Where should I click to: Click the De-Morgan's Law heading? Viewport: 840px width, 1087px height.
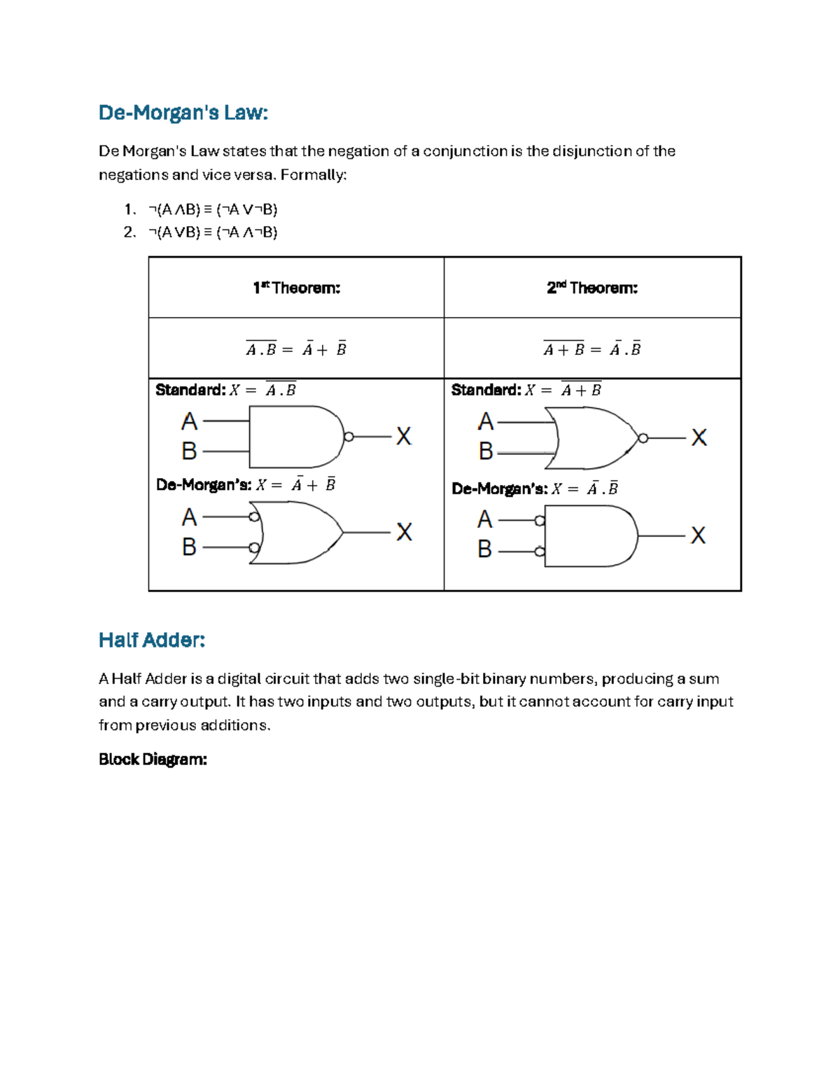tap(183, 113)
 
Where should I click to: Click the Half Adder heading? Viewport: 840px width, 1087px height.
tap(152, 640)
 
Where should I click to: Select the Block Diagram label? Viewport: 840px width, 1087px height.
tap(153, 759)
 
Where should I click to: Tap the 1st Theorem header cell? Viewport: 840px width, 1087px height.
tap(296, 288)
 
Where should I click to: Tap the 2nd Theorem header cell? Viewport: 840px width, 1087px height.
tap(592, 288)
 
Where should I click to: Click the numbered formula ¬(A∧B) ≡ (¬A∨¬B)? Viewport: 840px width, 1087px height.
tap(213, 209)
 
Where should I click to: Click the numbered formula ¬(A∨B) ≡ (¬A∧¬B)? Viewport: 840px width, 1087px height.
tap(213, 232)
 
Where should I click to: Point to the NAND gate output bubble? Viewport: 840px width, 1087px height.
tap(349, 437)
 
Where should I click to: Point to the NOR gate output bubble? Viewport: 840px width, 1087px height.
tap(643, 438)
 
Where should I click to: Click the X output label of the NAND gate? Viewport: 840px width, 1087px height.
tap(404, 437)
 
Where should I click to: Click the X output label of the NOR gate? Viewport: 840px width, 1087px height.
tap(699, 438)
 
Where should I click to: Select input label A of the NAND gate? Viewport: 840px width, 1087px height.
tap(189, 422)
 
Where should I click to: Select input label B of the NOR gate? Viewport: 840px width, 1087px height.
tap(485, 451)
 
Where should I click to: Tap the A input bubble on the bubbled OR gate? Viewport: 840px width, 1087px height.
tap(254, 517)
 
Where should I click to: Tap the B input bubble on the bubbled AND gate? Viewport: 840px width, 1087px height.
tap(540, 552)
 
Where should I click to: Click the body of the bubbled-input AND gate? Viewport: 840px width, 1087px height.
tap(588, 536)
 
